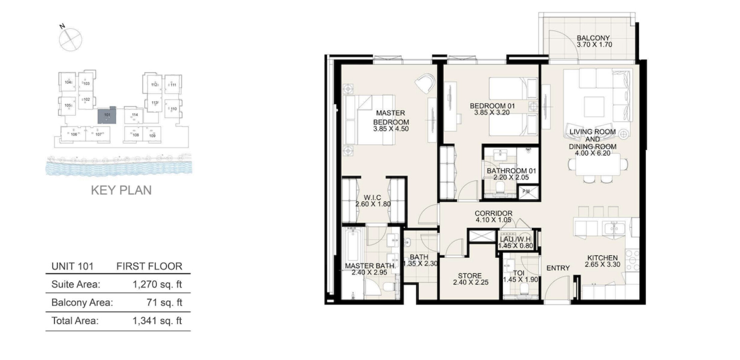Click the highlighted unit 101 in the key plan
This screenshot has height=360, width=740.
pos(107,116)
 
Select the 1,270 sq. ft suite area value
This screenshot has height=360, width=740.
pos(157,284)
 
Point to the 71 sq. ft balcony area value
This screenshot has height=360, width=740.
pos(164,302)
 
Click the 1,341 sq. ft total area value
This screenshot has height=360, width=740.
pos(157,321)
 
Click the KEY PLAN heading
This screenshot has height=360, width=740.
pos(121,190)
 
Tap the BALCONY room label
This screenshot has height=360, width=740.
pos(593,38)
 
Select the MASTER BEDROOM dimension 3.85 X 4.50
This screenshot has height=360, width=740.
pos(391,129)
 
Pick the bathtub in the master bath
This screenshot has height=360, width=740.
pos(353,245)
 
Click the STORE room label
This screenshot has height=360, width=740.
pos(470,276)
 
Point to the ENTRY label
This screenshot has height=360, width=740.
pos(558,268)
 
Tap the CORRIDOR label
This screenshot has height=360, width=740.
pos(493,213)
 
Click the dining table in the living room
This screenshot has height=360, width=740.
pos(598,164)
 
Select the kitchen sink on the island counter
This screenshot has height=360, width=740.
pos(614,228)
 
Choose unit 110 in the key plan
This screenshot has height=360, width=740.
pos(173,109)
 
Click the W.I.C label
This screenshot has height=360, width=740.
pos(372,198)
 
